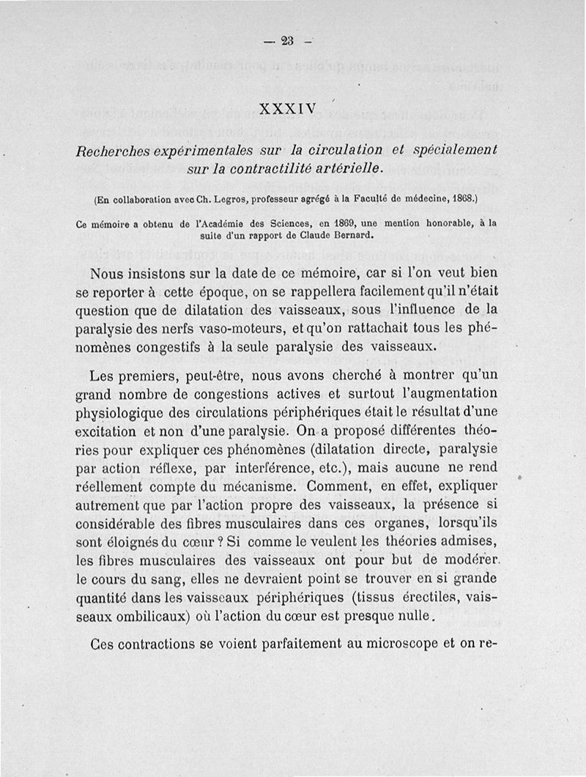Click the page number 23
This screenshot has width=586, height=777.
point(286,42)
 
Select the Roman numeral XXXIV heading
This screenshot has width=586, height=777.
point(287,110)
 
